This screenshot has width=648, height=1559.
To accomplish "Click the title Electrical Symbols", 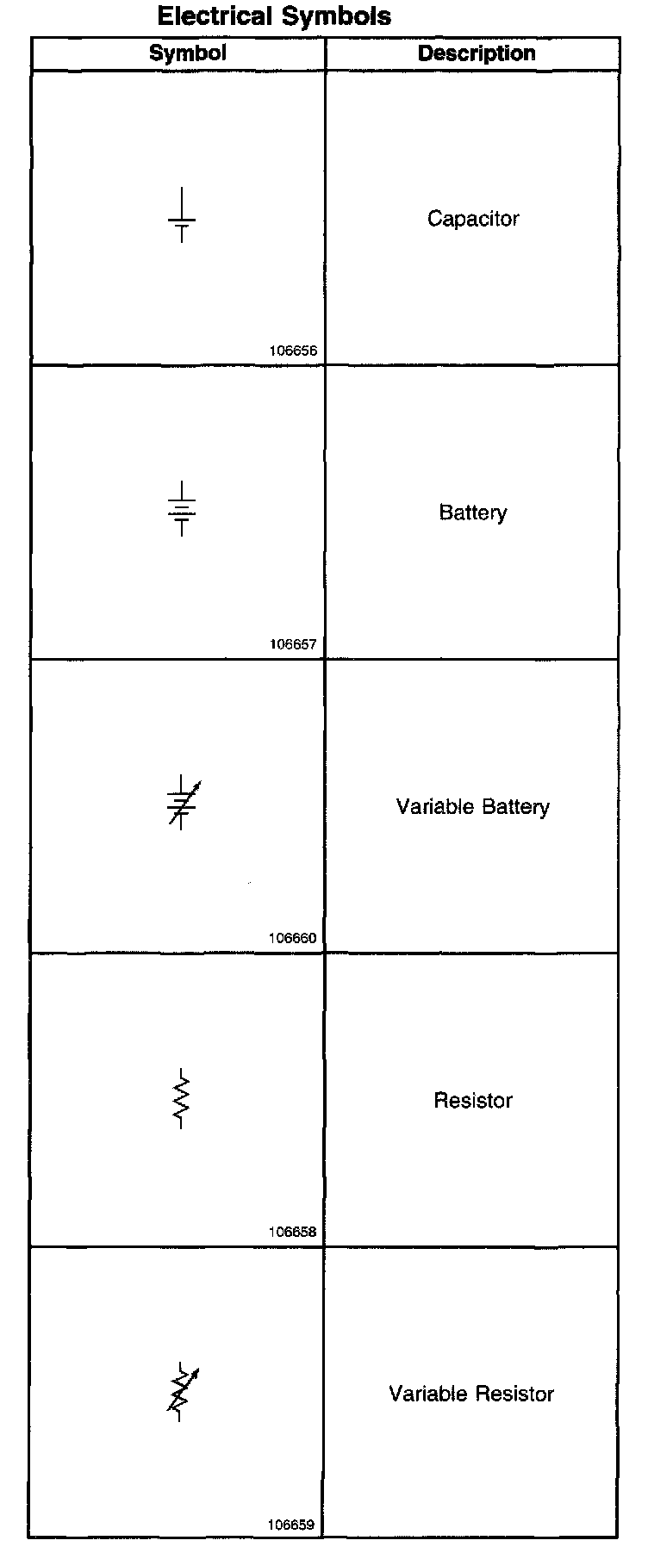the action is click(274, 16).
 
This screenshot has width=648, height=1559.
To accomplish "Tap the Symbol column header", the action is click(188, 53).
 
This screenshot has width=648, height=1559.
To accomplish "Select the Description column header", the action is click(477, 53).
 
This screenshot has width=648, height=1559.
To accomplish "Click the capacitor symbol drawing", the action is click(182, 215).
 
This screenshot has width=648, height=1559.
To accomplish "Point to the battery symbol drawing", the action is click(182, 509).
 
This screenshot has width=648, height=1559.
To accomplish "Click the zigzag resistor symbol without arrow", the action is click(181, 1098).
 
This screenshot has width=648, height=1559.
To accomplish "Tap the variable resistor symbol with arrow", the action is click(182, 1392).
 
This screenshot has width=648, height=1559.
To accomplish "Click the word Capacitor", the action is click(473, 219).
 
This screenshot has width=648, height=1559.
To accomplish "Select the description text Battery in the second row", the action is click(473, 513).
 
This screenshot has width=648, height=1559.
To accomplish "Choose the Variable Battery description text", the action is click(473, 807).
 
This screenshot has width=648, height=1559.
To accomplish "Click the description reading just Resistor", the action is click(473, 1101).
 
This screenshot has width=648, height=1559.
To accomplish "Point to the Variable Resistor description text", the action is click(471, 1394).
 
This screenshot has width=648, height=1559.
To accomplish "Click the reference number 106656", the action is click(293, 351).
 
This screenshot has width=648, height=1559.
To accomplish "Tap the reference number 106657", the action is click(293, 645).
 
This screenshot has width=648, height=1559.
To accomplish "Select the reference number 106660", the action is click(293, 939).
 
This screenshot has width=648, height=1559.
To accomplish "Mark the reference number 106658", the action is click(293, 1233).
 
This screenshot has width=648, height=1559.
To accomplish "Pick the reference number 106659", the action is click(291, 1525).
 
